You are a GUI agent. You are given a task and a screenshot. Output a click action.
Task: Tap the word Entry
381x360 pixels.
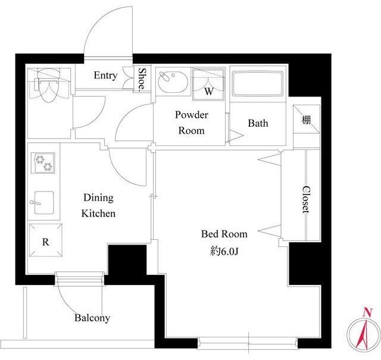click(x=105, y=76)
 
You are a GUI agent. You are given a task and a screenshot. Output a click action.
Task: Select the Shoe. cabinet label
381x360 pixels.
click(x=142, y=79)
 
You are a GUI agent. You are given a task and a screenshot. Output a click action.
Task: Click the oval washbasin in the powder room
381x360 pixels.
click(x=173, y=82)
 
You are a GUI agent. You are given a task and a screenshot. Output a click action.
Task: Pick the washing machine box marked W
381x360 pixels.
click(x=208, y=84)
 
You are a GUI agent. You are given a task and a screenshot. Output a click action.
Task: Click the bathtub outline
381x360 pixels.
click(x=258, y=83)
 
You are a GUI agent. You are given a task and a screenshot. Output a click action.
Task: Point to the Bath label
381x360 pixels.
click(x=258, y=123)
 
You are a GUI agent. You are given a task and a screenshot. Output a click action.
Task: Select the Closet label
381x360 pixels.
click(x=306, y=199)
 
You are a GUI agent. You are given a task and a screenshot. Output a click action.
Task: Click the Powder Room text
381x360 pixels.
click(x=192, y=123)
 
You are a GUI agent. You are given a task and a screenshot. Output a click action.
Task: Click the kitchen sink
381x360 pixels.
click(x=43, y=202)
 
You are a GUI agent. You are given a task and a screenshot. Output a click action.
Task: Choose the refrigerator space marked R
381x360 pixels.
click(x=46, y=240)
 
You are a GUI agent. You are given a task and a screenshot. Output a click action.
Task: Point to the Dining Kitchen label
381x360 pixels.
click(x=98, y=205)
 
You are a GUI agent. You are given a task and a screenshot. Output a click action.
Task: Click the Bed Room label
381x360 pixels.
click(x=224, y=234)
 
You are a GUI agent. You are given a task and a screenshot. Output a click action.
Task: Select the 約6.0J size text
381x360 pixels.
click(x=224, y=252)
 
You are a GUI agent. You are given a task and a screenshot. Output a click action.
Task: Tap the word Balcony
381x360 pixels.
click(x=92, y=318)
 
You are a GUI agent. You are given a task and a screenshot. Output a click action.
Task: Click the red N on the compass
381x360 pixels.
click(x=368, y=312)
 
